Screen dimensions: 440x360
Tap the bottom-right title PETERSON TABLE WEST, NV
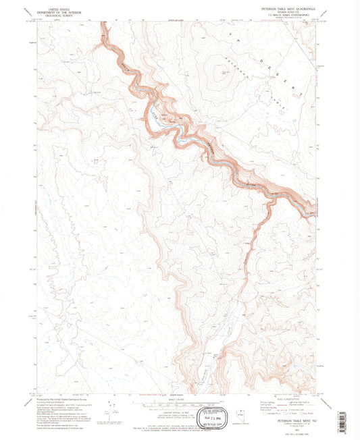click(x=290, y=419)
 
